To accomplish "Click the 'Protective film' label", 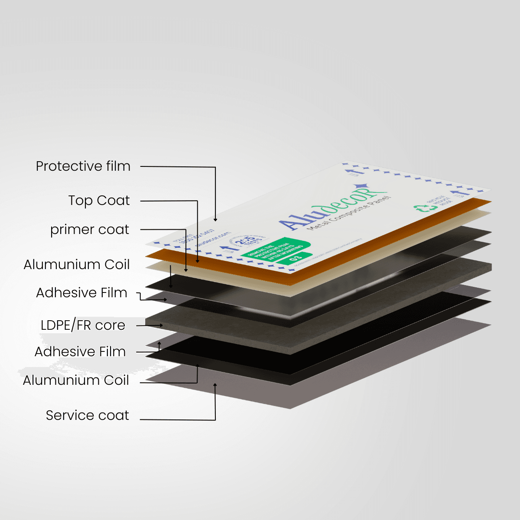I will click(x=83, y=166).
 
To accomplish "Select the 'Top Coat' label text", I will click(x=99, y=201).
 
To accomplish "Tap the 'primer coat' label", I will click(x=90, y=230).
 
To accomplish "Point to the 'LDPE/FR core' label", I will click(x=83, y=325).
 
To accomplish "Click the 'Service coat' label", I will click(x=88, y=415).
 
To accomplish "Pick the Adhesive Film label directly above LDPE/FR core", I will click(x=81, y=293).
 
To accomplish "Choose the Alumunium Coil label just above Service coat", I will click(x=76, y=380).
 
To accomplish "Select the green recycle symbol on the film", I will click(x=420, y=209).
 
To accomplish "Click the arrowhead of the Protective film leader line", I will click(x=215, y=220).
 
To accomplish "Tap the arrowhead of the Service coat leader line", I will click(x=215, y=384).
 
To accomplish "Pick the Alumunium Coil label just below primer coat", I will click(x=77, y=265).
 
